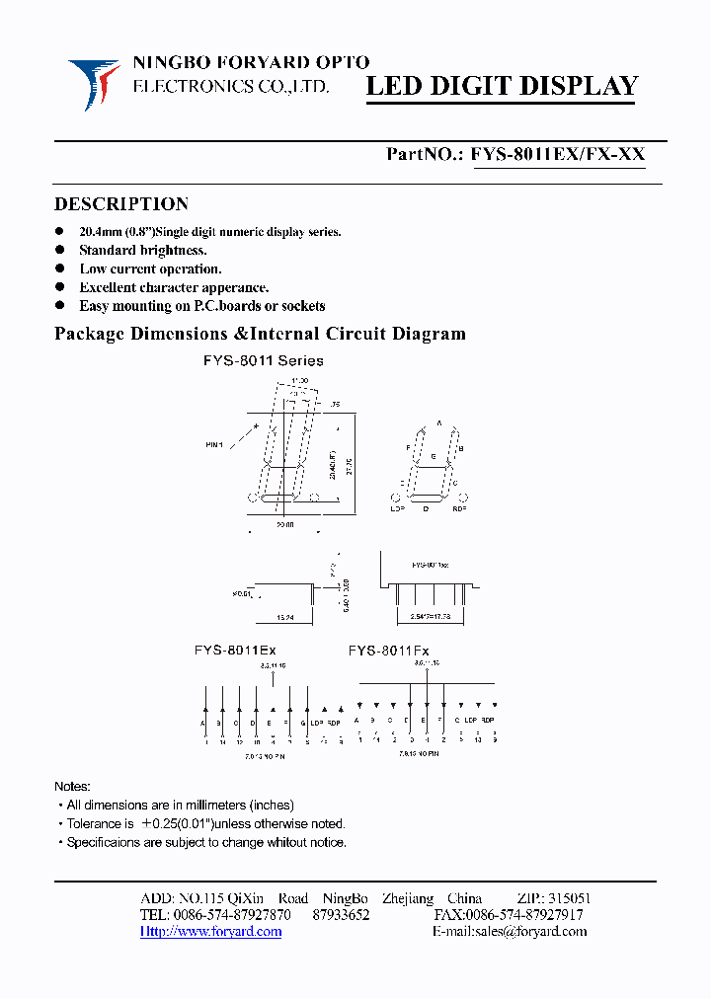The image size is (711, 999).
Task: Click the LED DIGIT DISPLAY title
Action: click(503, 87)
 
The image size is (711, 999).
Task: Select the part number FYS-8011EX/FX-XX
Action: click(558, 154)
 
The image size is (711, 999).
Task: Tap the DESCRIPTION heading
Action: click(120, 204)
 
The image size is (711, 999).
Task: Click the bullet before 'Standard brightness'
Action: click(61, 251)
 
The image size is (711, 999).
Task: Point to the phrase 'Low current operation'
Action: click(150, 269)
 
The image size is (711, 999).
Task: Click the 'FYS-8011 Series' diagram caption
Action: click(264, 361)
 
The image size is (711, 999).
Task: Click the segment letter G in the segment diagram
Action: click(432, 458)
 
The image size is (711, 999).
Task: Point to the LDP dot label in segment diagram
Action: click(398, 508)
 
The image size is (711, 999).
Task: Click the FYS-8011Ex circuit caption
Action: click(235, 652)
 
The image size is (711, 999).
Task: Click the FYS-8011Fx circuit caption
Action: click(388, 652)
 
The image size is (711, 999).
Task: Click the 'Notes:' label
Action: click(72, 787)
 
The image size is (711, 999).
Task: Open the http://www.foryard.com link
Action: click(210, 932)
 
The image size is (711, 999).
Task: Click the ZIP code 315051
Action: click(568, 898)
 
